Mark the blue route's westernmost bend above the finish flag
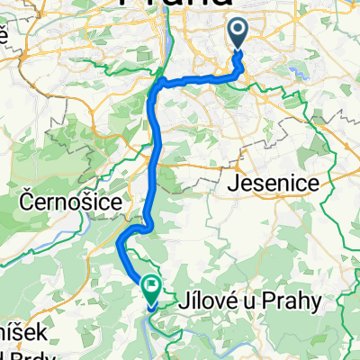120,239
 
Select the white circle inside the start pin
239,31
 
